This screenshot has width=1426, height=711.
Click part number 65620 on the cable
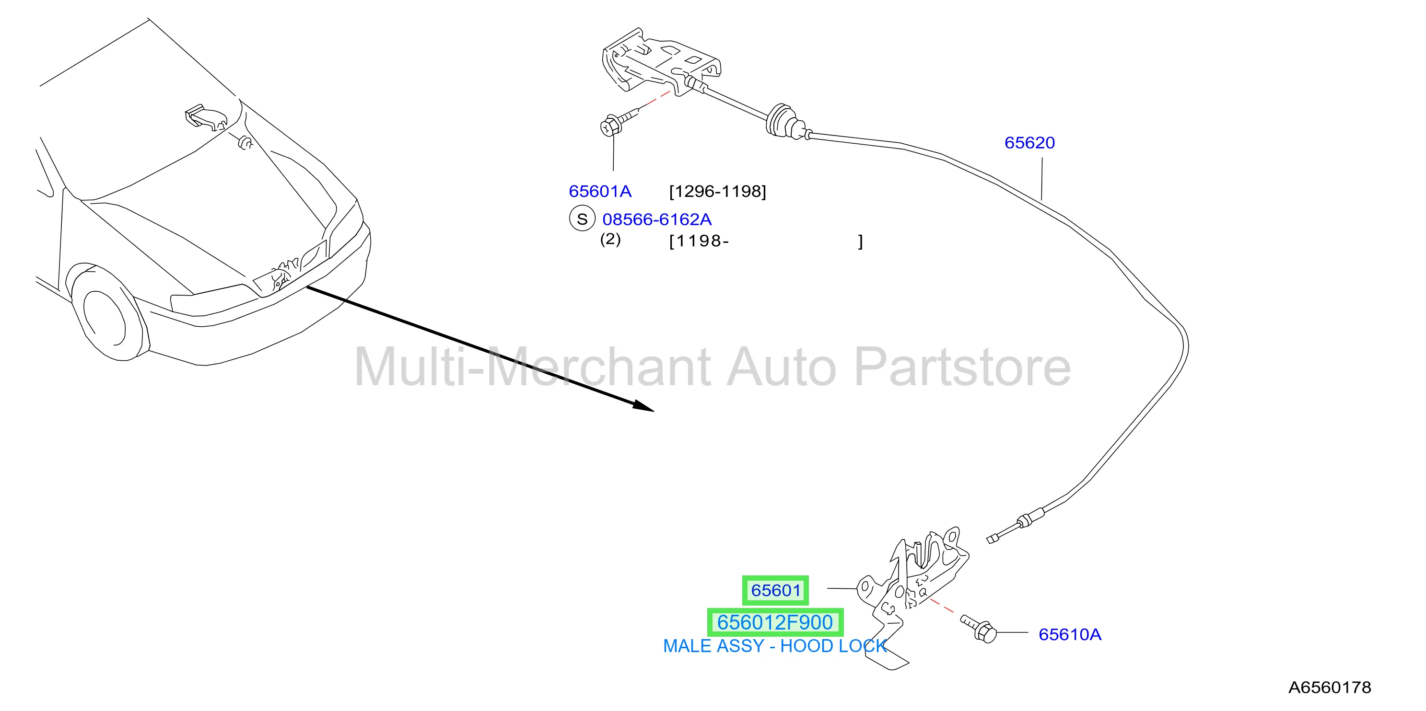1029,143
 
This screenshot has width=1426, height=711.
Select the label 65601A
600,192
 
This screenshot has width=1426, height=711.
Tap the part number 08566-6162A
656,219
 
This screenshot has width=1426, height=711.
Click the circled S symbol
582,218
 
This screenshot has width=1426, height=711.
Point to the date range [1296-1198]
717,192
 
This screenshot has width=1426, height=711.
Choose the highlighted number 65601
775,590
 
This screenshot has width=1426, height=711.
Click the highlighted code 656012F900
775,622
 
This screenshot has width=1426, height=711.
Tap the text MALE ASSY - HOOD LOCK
775,646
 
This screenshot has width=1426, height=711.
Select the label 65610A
1069,635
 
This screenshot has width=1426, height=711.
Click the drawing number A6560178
1330,687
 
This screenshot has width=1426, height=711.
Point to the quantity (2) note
610,240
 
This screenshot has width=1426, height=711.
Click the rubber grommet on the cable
785,121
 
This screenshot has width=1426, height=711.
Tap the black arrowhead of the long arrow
644,406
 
